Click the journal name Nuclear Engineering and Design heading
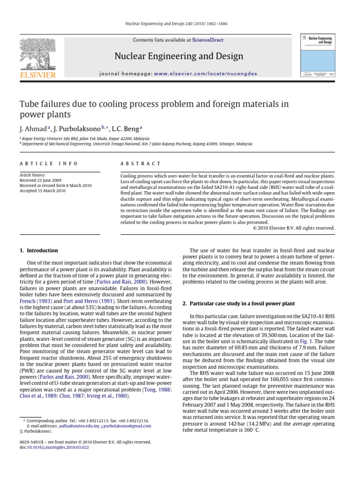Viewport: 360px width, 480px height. [x=179, y=57]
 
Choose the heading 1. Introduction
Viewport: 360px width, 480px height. [x=39, y=251]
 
